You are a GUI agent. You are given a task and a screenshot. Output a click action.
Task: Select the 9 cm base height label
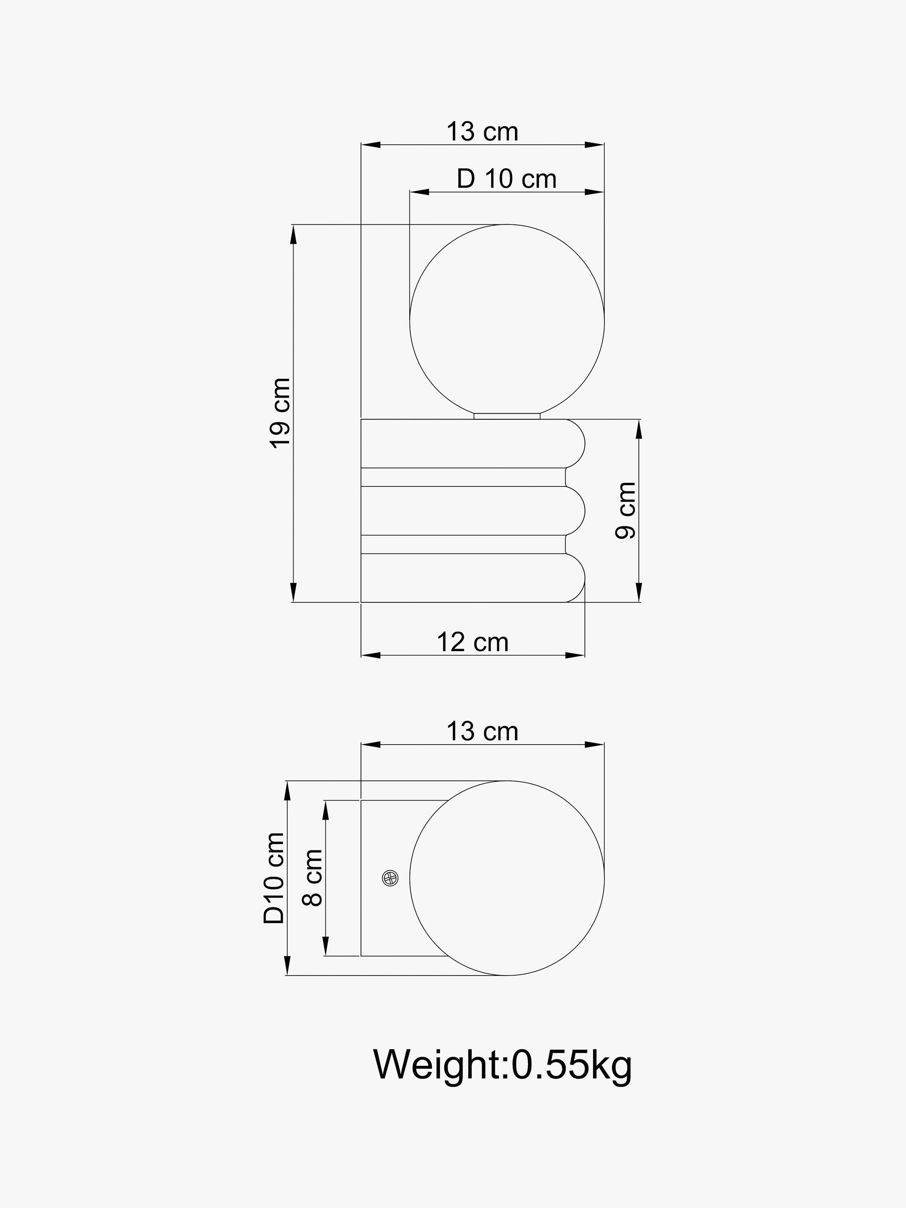pos(626,511)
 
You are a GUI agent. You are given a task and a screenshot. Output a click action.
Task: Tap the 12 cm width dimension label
pos(472,642)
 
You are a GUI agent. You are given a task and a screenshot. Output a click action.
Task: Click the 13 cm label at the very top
pos(482,132)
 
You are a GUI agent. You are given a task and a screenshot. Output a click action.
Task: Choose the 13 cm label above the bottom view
pos(482,731)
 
